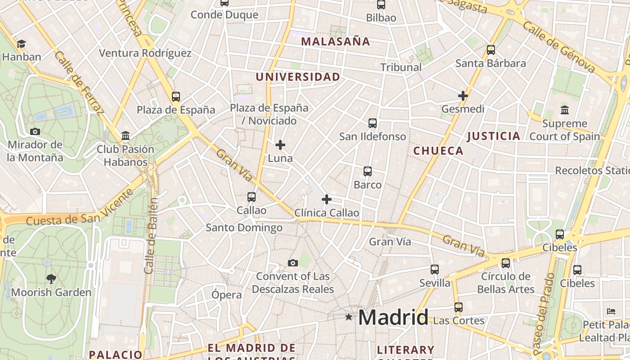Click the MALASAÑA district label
[335, 42]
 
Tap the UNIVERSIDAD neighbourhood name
[298, 77]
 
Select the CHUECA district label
[438, 151]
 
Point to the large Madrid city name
[393, 318]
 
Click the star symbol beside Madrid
[349, 317]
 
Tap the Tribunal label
[401, 67]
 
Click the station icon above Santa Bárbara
[491, 50]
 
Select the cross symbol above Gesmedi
[463, 96]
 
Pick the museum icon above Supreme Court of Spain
[565, 110]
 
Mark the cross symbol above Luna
[280, 145]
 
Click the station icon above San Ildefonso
[373, 123]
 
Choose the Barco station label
[368, 185]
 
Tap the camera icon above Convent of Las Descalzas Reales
[293, 263]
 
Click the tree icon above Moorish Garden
[51, 279]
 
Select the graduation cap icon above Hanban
[21, 44]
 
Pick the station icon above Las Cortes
[459, 307]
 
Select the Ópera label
[227, 295]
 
